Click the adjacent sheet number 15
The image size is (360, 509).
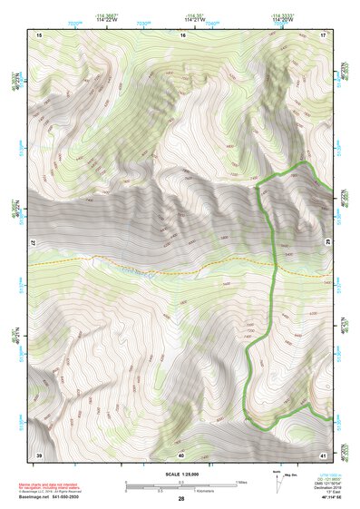[x=39, y=34]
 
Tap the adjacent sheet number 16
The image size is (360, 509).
[x=181, y=34]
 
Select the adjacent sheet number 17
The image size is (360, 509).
[x=324, y=34]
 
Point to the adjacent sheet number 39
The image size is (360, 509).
[x=39, y=454]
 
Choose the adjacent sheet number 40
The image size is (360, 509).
[x=181, y=454]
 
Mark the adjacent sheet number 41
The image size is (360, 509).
[x=324, y=454]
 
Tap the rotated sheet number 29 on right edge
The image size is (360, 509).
[x=329, y=244]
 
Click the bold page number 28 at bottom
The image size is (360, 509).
[x=181, y=499]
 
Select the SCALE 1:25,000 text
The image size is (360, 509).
[x=181, y=475]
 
